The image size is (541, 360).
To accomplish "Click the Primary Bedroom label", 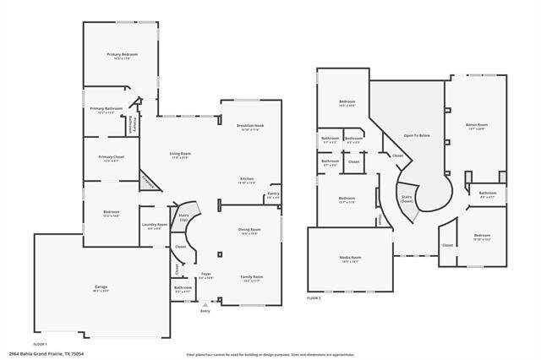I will point(123,56).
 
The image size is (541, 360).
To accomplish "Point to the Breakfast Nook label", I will point(250,128).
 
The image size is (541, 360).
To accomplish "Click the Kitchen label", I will point(247,180).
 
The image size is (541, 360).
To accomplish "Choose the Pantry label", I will point(273,195).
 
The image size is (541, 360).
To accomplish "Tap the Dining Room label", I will point(249,231).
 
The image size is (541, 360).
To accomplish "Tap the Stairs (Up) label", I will point(183,217).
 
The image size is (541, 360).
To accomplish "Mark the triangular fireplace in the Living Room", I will point(149,180).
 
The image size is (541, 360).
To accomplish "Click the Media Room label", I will point(351,259).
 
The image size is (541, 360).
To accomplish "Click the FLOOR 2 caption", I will point(314,298).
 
